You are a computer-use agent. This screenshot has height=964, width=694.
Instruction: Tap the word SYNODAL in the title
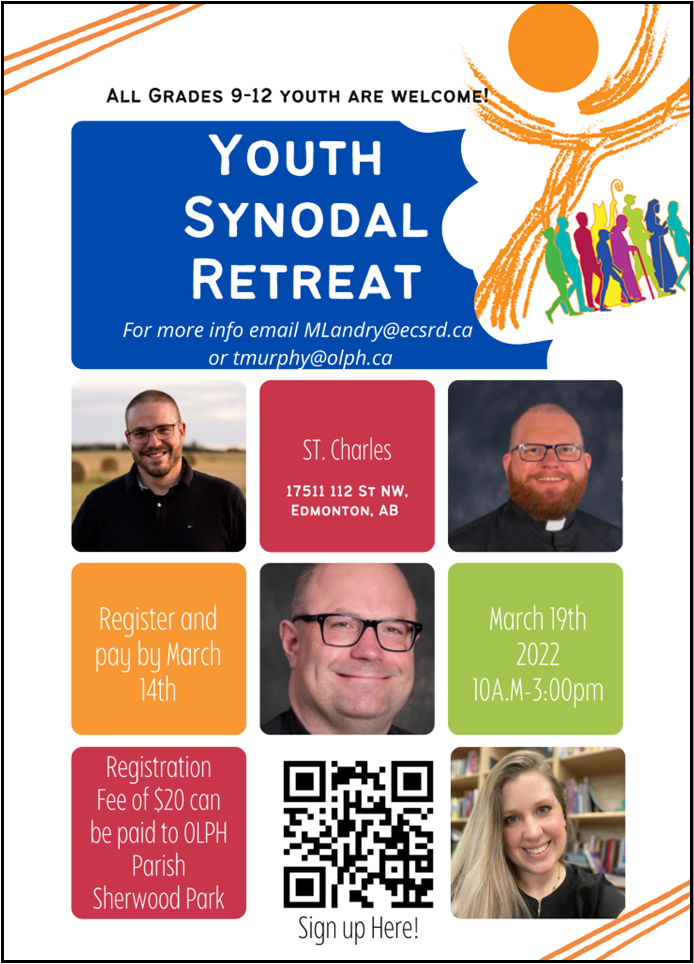(x=306, y=218)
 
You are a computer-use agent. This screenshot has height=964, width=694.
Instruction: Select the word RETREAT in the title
(x=306, y=280)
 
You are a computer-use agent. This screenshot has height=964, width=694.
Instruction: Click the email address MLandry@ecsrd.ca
(x=388, y=330)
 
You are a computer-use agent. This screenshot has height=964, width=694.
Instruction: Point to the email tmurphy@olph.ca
(x=312, y=358)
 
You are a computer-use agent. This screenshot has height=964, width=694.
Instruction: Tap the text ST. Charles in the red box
(x=347, y=450)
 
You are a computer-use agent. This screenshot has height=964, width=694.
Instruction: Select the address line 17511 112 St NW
(x=347, y=491)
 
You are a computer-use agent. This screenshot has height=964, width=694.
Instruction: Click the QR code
(x=358, y=834)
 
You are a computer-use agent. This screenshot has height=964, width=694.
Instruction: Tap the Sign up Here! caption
(x=358, y=928)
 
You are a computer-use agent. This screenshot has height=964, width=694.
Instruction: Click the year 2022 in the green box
(x=537, y=654)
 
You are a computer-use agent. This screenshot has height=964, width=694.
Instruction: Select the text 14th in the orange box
(x=158, y=690)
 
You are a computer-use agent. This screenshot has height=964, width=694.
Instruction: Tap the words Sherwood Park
(x=158, y=899)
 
